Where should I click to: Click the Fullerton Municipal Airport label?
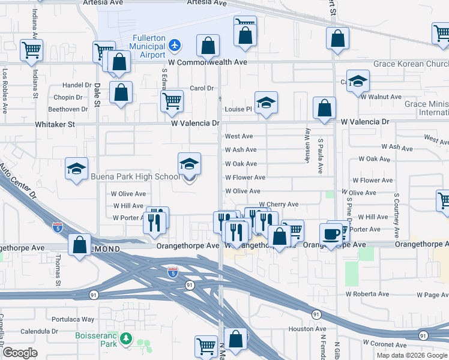click(x=148, y=46)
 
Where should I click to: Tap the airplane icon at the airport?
click(x=174, y=44)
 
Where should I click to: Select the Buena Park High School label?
click(x=135, y=176)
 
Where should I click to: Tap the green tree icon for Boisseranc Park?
click(x=125, y=340)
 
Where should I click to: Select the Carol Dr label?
click(x=202, y=88)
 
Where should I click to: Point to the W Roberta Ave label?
click(x=367, y=295)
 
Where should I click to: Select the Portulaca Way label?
click(x=73, y=319)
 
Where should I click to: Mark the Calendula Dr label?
click(x=38, y=331)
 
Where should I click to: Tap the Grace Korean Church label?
click(x=411, y=64)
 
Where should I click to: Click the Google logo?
click(x=20, y=353)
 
